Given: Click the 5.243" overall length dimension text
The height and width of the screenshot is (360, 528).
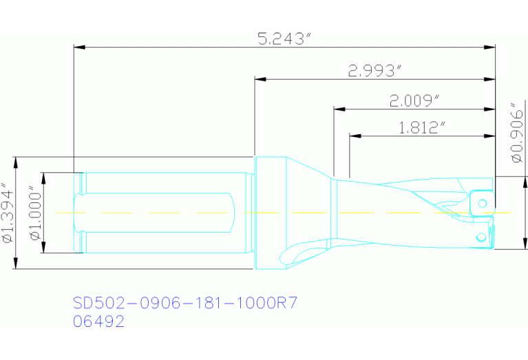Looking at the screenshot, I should click(281, 39).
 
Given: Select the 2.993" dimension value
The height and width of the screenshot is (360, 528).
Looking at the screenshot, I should click(374, 71).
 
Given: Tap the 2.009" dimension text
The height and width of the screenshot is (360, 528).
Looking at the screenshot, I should click(414, 101).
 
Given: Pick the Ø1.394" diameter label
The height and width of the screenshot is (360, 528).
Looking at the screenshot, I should click(8, 213).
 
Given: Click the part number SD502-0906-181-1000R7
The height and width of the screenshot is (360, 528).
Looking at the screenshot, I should click(185, 304).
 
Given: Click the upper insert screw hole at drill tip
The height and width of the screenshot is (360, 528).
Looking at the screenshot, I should click(483, 202).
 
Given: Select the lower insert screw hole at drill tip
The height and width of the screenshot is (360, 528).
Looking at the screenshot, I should click(481, 237).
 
